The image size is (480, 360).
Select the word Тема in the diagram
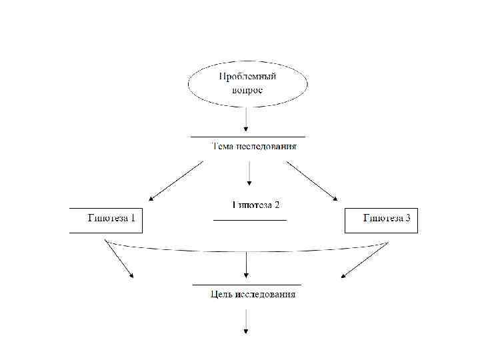click(x=222, y=147)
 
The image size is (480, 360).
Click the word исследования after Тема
click(x=266, y=147)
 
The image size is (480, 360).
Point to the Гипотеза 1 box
click(x=107, y=219)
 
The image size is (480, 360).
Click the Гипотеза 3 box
click(x=381, y=219)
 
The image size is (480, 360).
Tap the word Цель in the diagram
click(x=222, y=294)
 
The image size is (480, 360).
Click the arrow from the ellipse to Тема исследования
click(x=247, y=120)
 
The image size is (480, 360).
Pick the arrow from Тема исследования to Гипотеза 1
click(x=176, y=180)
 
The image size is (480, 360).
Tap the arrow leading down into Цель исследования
click(x=247, y=265)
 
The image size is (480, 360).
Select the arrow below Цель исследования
click(x=247, y=323)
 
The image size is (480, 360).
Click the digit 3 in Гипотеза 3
click(x=407, y=218)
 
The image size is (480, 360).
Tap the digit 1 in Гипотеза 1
click(x=133, y=218)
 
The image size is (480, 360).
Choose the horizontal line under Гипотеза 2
click(x=250, y=220)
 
